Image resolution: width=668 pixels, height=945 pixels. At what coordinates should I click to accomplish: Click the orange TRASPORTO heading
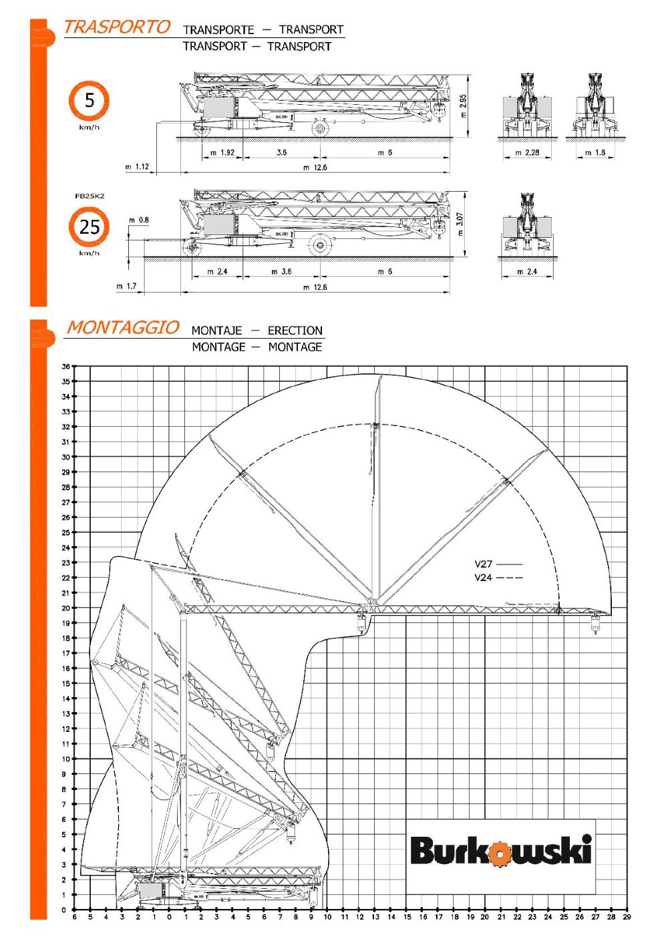coord(116,27)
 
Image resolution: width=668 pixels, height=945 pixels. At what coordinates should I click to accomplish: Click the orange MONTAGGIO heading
coord(122,328)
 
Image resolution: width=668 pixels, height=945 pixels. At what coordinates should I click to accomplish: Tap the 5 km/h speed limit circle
coord(88,101)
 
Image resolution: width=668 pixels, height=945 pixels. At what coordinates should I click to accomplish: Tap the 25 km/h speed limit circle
coord(88,227)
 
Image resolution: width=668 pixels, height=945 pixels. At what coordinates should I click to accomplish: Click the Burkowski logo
coord(500,851)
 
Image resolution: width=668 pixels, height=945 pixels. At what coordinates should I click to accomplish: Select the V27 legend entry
coord(498,564)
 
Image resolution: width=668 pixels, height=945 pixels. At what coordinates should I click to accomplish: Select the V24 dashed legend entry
coord(498,578)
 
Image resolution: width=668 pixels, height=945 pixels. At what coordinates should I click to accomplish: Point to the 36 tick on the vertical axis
coord(66,367)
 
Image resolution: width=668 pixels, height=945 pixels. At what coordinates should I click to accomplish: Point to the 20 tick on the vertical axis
coord(66,608)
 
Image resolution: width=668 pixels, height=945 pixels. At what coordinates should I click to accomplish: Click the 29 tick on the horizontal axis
coord(627,918)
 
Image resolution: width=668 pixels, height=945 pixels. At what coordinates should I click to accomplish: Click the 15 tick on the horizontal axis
coord(407,918)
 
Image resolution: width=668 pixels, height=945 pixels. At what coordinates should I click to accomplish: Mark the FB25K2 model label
coord(90,196)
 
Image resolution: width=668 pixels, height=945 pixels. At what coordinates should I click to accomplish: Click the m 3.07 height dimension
coord(460,224)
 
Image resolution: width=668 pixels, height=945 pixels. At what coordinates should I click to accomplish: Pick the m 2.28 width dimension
coord(527,153)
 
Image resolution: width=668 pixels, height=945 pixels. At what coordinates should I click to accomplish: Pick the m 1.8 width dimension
coord(595,153)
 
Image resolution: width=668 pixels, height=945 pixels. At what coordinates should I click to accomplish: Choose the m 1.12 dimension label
coord(137,167)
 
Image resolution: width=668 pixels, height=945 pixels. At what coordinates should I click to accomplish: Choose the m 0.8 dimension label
coord(139,220)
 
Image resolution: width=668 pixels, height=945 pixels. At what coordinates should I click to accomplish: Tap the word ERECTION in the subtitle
coord(295,331)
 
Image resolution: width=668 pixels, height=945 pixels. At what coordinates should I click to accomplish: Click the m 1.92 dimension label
coord(222,153)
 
